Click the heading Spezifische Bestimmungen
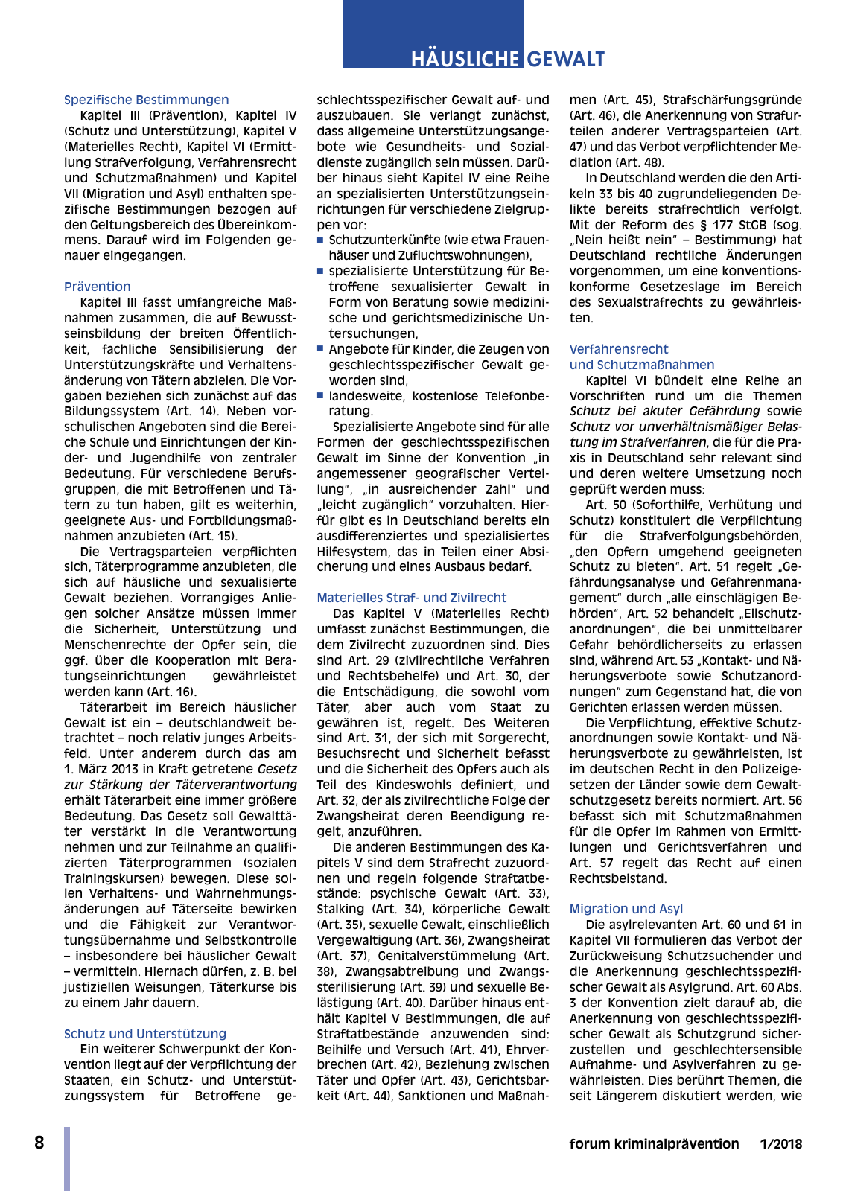pyautogui.click(x=146, y=100)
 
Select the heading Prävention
pyautogui.click(x=97, y=287)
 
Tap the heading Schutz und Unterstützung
pyautogui.click(x=144, y=1034)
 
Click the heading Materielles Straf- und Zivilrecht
pyautogui.click(x=411, y=598)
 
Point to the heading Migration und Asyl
pyautogui.click(x=626, y=909)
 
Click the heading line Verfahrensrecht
pyautogui.click(x=618, y=349)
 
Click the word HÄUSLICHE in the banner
pyautogui.click(x=465, y=59)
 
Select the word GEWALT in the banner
pyautogui.click(x=566, y=59)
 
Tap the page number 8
pyautogui.click(x=39, y=1143)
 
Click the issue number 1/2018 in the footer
pyautogui.click(x=780, y=1144)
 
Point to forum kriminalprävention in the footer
pyautogui.click(x=654, y=1144)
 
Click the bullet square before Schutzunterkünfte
pyautogui.click(x=320, y=240)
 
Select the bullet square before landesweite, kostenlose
pyautogui.click(x=320, y=396)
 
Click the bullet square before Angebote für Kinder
pyautogui.click(x=320, y=349)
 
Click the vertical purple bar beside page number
pyautogui.click(x=67, y=1158)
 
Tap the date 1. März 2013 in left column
pyautogui.click(x=106, y=769)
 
